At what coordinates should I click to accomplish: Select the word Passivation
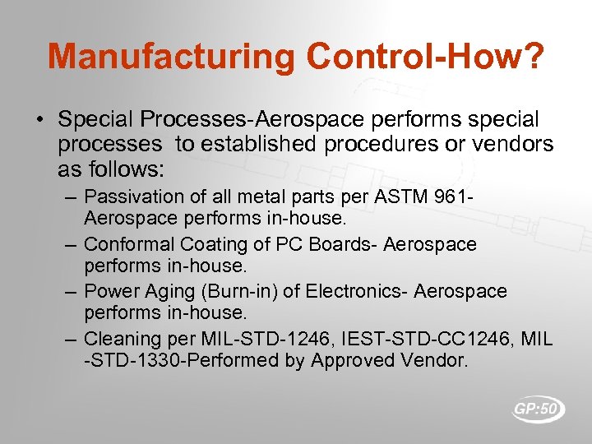click(126, 197)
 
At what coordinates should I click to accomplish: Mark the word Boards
click(338, 244)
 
